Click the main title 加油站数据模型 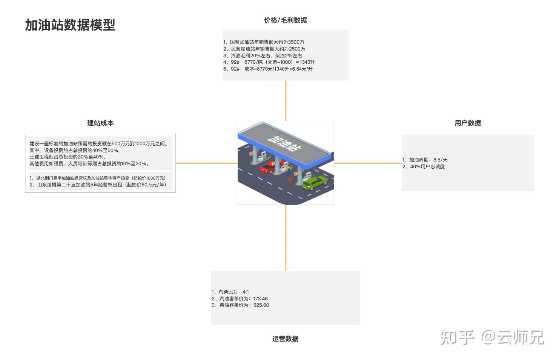point(70,25)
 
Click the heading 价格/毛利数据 point(285,20)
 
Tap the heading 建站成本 point(100,123)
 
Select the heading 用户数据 point(468,123)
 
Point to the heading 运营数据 point(285,339)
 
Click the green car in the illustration point(315,182)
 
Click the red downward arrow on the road point(290,180)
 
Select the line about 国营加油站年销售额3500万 point(264,42)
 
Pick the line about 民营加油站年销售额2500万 point(264,49)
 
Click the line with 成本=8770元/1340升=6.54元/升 point(268,69)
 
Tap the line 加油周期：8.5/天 point(425,160)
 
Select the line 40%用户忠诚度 point(424,167)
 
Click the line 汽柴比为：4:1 point(230,292)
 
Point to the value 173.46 point(260,299)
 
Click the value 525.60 point(261,305)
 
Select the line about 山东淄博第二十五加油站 point(98,185)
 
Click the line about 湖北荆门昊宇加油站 point(98,178)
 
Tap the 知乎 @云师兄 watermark point(492,337)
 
